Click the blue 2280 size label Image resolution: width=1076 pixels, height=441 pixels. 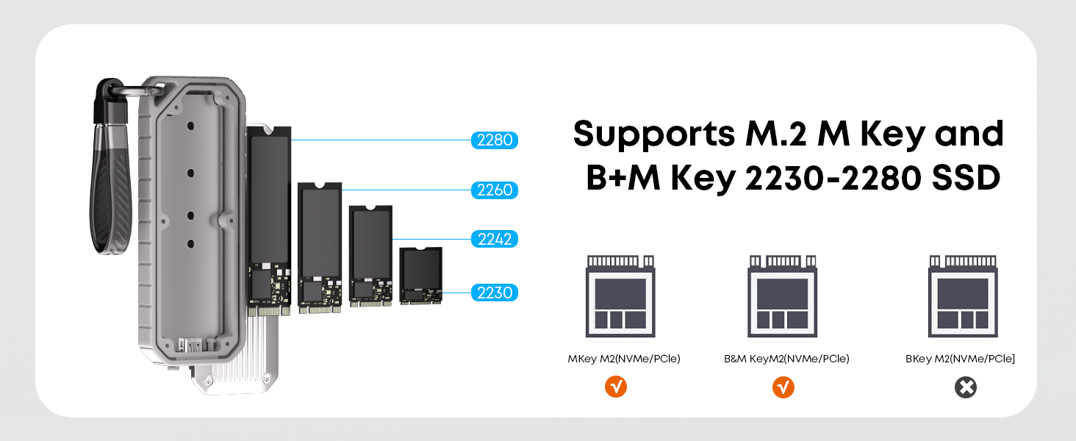(495, 140)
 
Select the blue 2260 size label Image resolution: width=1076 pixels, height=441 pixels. (495, 190)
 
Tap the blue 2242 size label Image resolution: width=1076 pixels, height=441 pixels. (495, 239)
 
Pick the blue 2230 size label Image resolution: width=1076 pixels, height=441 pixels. (495, 293)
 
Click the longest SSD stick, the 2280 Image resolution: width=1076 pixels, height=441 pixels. (269, 221)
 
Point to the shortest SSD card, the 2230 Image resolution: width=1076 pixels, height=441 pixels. (421, 276)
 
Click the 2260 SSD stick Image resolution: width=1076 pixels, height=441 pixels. (320, 248)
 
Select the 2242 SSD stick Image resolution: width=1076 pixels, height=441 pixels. (371, 256)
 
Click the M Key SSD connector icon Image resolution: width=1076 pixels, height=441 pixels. (620, 296)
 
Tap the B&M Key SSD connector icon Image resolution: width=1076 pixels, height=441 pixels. (783, 296)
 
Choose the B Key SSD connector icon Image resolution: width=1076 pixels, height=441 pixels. (963, 296)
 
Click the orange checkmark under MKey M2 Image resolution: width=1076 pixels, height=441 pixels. (616, 387)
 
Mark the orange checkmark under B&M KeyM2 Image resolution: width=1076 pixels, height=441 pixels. (783, 387)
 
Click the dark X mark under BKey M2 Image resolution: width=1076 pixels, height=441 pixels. (966, 387)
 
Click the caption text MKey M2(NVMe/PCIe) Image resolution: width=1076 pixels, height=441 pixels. (624, 359)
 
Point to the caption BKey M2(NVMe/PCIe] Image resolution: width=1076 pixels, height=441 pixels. (960, 359)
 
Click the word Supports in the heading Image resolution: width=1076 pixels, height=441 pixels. (654, 135)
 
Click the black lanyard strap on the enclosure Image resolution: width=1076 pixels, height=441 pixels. (110, 168)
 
